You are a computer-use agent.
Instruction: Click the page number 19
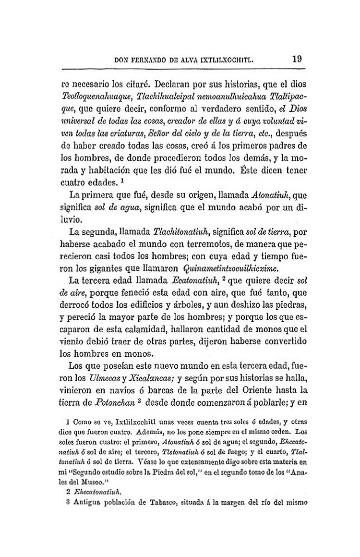[296, 60]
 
